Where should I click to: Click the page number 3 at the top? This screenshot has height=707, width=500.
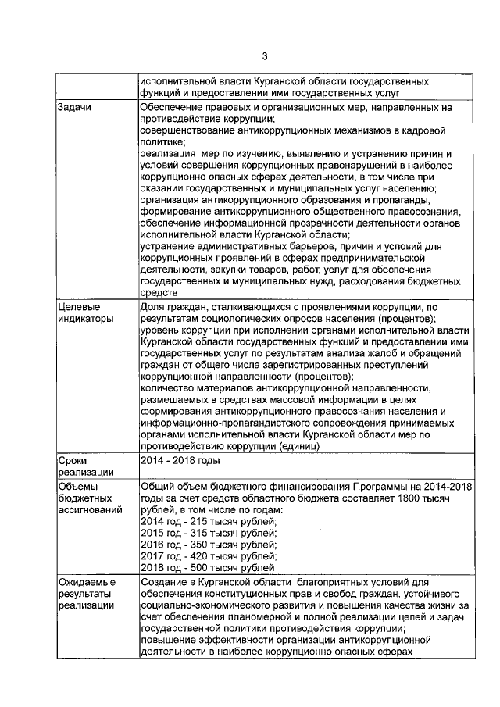tap(265, 56)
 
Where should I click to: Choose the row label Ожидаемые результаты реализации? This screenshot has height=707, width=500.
tap(87, 595)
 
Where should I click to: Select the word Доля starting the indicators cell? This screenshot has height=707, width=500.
tap(152, 307)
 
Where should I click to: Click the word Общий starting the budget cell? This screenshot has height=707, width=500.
tap(157, 486)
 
